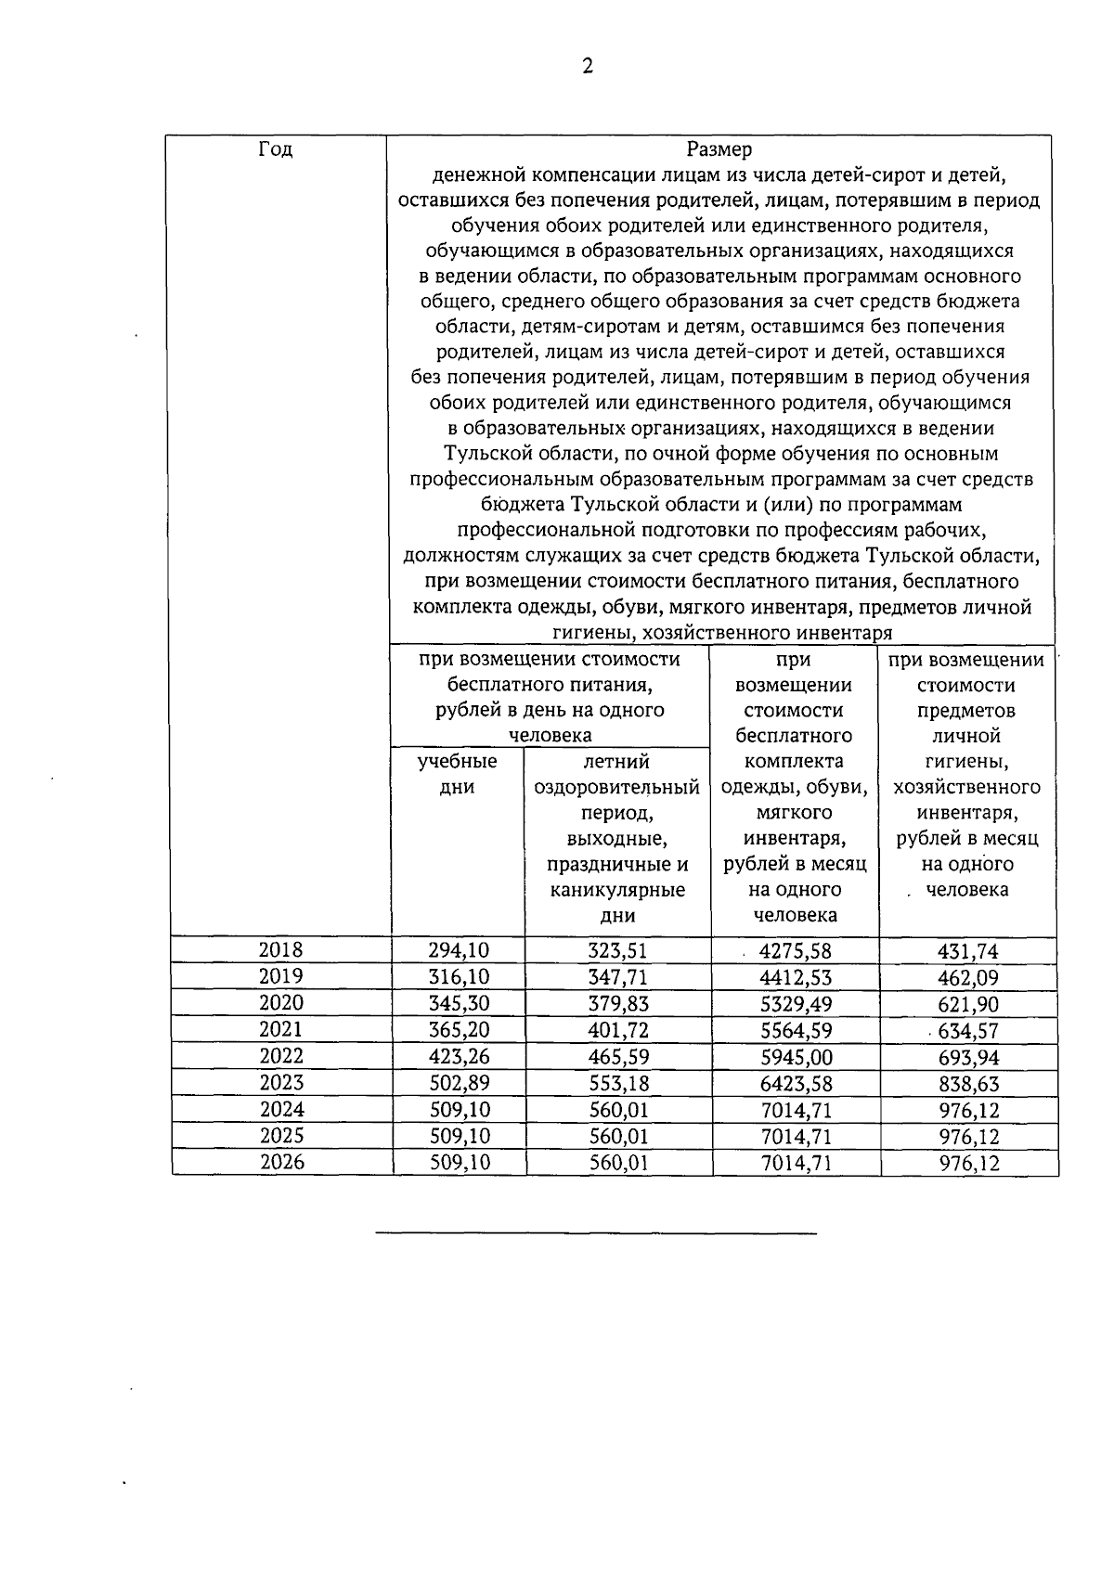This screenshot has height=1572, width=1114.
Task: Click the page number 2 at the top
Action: tap(587, 66)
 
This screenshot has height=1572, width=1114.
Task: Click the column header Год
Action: tap(276, 149)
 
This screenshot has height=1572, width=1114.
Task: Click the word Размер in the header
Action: tap(719, 149)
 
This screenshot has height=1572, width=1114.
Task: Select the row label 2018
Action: tap(280, 950)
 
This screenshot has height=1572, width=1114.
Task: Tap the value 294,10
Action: tap(459, 950)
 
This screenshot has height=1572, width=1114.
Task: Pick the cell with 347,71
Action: tap(618, 977)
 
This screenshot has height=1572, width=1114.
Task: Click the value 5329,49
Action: tap(796, 1004)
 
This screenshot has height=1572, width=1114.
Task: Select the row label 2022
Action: tap(280, 1056)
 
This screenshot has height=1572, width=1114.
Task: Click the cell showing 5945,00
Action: tap(796, 1057)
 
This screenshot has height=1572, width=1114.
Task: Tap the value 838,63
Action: tap(968, 1083)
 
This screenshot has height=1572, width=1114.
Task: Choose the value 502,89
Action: tap(459, 1083)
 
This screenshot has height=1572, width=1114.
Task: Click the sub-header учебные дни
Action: tap(458, 774)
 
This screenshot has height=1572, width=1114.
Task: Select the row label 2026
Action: tap(280, 1162)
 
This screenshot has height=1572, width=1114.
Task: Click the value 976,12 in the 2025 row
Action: tap(968, 1137)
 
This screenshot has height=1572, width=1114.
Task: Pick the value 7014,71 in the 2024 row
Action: tap(796, 1110)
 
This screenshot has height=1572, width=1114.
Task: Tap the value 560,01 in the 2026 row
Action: tap(618, 1163)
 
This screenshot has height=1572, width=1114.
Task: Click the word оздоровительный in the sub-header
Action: tap(617, 788)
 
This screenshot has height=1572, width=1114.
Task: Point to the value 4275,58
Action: tap(796, 951)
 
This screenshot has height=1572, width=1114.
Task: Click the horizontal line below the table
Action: tap(596, 1233)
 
